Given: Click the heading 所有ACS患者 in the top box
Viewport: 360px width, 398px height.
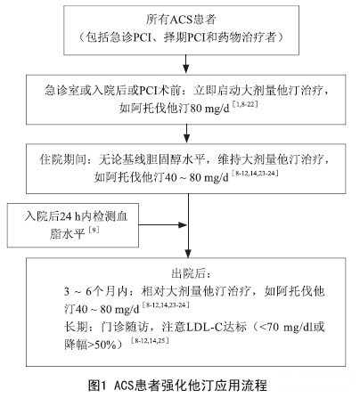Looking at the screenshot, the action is click(x=181, y=20).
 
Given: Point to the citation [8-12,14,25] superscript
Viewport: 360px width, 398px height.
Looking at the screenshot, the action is click(x=150, y=340).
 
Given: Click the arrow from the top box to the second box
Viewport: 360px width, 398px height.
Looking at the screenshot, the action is click(x=186, y=64).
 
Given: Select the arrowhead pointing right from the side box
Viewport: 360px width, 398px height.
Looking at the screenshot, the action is click(x=183, y=224).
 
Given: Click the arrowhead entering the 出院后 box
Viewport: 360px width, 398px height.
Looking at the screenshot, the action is click(x=188, y=253).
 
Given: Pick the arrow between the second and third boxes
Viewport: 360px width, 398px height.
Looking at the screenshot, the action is click(x=186, y=134).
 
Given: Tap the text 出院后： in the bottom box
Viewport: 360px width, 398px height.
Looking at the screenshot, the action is click(x=192, y=273).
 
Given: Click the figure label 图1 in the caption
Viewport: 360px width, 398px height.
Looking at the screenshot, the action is click(x=97, y=386).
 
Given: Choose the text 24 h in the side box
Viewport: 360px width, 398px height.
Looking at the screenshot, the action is click(x=70, y=216).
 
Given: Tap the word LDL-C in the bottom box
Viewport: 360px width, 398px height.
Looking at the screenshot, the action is click(x=204, y=328).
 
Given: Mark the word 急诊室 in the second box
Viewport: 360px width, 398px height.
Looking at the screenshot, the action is click(x=61, y=90).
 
